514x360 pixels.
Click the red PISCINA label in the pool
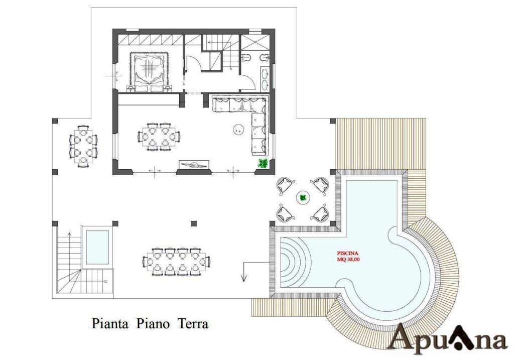(348, 253)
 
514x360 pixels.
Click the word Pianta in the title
(110, 323)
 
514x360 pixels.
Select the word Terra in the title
(193, 323)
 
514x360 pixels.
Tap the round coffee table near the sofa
(238, 130)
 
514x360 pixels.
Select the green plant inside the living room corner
(263, 163)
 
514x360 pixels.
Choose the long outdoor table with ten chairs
(177, 262)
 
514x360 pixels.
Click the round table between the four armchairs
(303, 198)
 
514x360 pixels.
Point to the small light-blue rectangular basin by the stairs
(97, 247)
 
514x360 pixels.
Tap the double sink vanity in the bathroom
(265, 79)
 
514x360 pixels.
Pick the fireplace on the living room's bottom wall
(193, 165)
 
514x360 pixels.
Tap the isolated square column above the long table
(194, 223)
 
